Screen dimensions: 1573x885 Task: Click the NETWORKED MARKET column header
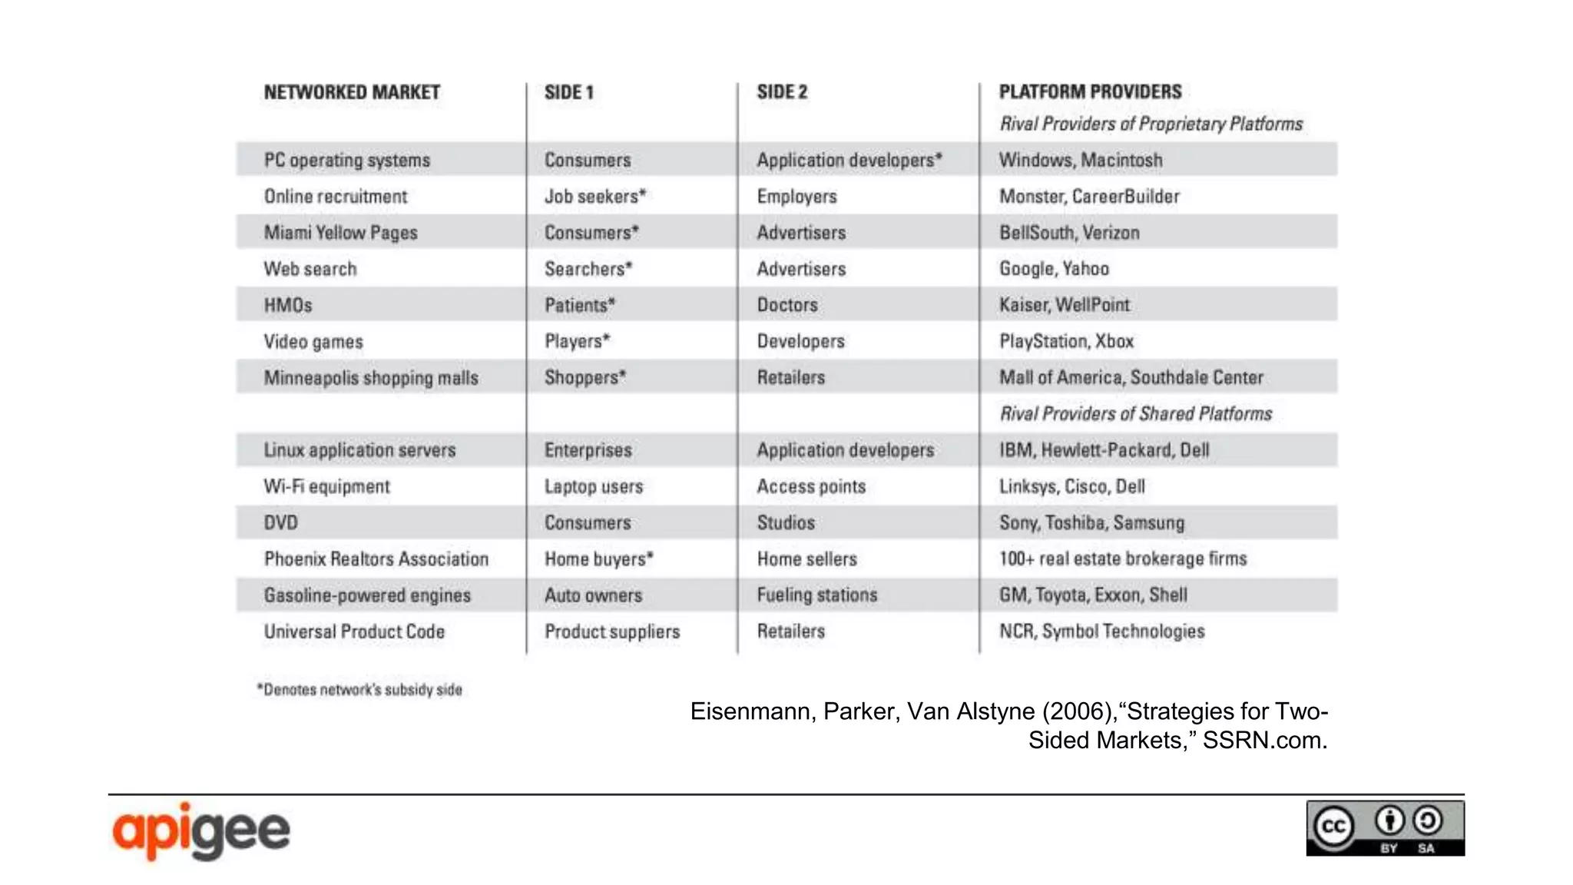click(x=352, y=92)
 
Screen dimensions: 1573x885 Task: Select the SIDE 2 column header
click(x=782, y=92)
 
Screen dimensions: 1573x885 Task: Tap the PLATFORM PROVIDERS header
click(x=1090, y=92)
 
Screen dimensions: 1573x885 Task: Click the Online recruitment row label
click(x=336, y=197)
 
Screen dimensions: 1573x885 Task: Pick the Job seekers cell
click(x=594, y=197)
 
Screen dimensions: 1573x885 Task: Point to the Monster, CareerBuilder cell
click(x=1089, y=197)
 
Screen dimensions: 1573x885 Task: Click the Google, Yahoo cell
click(x=1054, y=269)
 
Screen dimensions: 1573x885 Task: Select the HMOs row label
click(x=288, y=305)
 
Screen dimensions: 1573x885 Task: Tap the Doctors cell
click(x=787, y=305)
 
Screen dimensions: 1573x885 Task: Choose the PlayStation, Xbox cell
click(x=1066, y=341)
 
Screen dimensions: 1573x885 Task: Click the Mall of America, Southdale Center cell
click(x=1131, y=377)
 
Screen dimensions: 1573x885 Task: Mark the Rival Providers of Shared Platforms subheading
click(x=1135, y=414)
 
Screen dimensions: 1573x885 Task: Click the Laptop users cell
click(x=594, y=486)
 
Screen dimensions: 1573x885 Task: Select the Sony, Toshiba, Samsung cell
click(x=1091, y=523)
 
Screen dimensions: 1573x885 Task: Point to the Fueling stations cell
click(x=816, y=595)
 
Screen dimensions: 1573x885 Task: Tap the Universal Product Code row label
click(x=354, y=631)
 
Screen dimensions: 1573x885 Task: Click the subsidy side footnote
click(x=359, y=690)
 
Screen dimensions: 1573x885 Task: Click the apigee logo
click(x=201, y=831)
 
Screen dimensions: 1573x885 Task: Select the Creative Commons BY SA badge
click(x=1385, y=828)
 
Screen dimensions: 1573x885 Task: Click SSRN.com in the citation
click(x=1264, y=741)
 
